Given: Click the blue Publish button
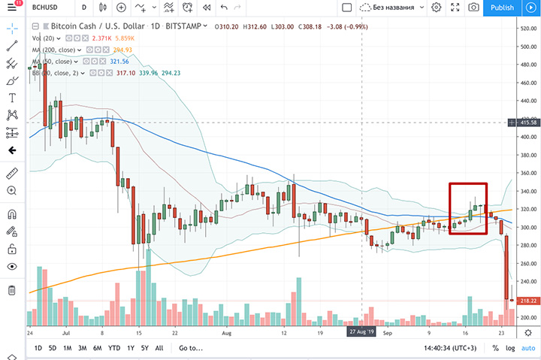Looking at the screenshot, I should (502, 8).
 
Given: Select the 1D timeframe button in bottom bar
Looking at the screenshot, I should (38, 348).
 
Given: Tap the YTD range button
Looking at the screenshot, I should (114, 348).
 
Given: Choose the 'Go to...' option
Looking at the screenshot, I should (191, 348).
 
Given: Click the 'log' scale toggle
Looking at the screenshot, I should (511, 348).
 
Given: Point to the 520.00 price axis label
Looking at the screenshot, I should (526, 29).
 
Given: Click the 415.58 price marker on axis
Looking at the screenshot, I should (524, 122).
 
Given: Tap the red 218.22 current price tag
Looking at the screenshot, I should (524, 301).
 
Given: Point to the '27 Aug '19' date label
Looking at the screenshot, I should (362, 331).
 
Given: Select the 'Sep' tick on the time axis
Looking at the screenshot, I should (388, 331).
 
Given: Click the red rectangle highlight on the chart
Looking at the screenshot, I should (467, 208).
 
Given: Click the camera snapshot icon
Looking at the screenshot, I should (473, 8).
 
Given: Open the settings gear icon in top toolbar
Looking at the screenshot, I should (436, 8).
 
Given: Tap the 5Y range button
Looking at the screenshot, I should (146, 348).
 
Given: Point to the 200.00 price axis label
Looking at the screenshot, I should (526, 317).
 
